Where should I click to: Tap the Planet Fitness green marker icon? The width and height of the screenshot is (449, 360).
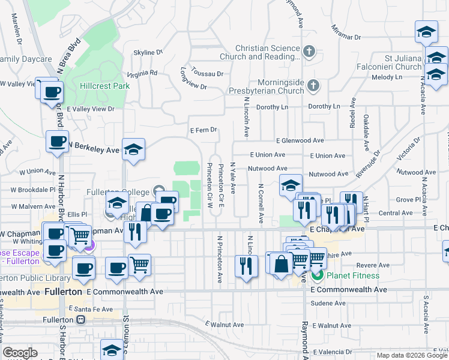point(318,275)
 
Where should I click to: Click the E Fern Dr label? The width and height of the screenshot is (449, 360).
point(203,130)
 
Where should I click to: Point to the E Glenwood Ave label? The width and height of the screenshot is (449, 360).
point(300,140)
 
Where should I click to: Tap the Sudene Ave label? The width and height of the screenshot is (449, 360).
point(329,304)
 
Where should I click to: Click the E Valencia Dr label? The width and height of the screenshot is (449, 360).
point(334,351)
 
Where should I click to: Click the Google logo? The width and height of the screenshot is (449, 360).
point(21,353)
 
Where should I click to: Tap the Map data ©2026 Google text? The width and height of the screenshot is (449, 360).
point(411,355)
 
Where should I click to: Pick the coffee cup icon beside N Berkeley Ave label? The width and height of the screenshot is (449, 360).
point(58,142)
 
